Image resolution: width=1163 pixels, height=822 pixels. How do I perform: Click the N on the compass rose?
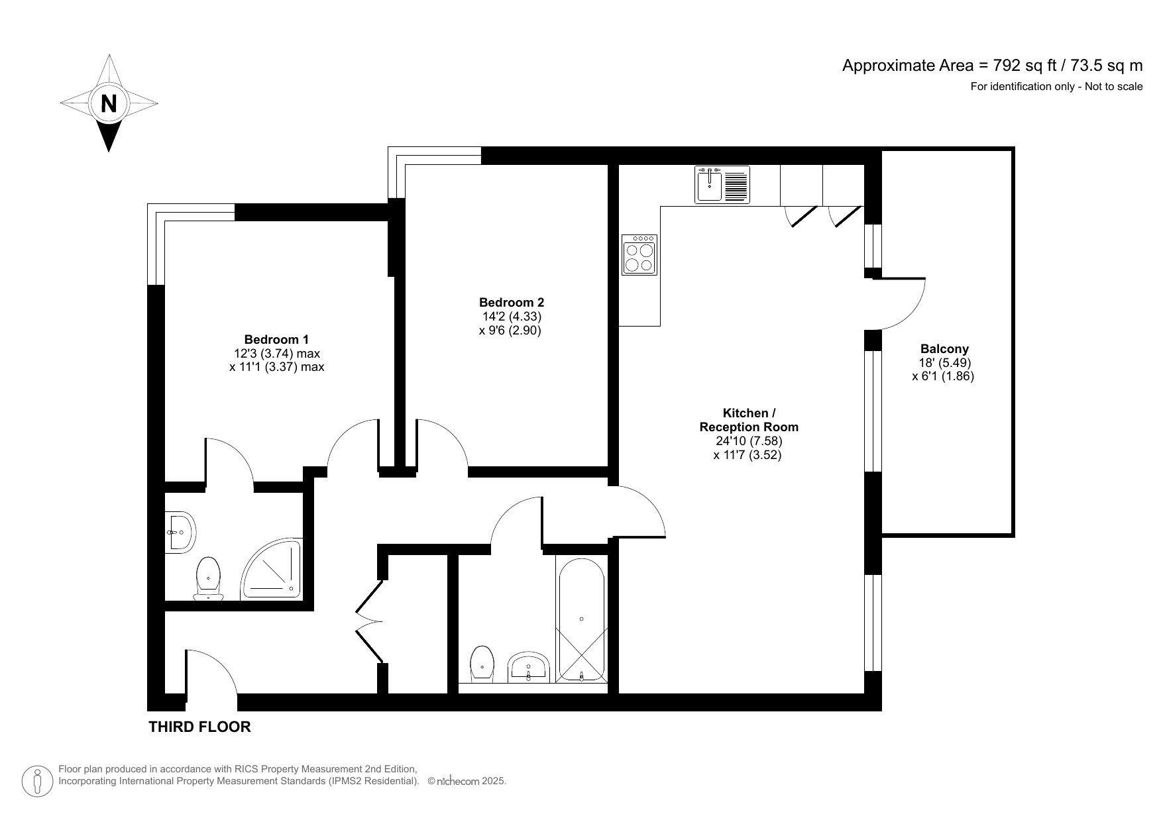point(109,103)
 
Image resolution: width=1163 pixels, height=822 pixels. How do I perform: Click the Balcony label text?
point(944,348)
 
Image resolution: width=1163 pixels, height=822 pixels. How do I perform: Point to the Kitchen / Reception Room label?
point(749,420)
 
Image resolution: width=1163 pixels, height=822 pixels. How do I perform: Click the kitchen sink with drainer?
point(722,183)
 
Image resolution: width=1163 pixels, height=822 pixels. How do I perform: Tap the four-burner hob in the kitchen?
point(639,255)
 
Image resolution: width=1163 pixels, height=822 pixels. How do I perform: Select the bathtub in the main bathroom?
point(581,619)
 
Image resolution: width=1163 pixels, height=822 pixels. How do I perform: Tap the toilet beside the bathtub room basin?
point(482,664)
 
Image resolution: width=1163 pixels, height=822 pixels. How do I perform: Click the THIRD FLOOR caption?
point(199,727)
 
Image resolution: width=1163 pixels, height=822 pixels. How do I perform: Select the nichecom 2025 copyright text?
point(467,782)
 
